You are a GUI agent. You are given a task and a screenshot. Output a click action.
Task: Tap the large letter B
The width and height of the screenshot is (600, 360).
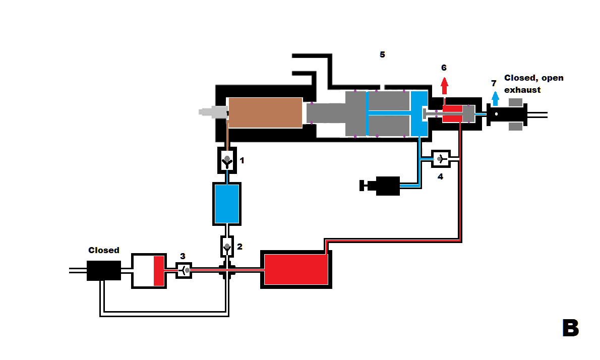click(570, 328)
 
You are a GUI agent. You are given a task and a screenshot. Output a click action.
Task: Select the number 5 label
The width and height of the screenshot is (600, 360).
click(382, 54)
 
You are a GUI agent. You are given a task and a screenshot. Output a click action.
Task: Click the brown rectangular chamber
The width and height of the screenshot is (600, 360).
click(265, 112)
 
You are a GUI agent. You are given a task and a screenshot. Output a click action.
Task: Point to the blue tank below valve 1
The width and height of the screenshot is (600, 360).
click(227, 203)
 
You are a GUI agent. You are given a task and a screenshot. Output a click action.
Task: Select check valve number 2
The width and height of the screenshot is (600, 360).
click(227, 247)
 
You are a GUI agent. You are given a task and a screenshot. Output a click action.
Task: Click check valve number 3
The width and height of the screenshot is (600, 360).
click(184, 270)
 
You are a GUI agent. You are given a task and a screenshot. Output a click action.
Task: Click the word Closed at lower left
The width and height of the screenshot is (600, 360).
click(104, 250)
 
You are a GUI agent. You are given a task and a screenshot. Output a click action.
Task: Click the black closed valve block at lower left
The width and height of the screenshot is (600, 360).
click(103, 270)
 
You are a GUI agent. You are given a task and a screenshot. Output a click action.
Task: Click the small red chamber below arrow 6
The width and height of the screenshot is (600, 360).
click(452, 113)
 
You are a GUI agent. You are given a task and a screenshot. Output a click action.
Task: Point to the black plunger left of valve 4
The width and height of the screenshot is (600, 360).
click(382, 186)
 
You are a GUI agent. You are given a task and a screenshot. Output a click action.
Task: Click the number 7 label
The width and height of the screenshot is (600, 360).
click(494, 83)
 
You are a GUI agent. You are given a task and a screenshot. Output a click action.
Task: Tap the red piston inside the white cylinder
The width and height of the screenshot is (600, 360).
click(159, 271)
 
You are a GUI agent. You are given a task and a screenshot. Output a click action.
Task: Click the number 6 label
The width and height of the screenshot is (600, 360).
click(444, 68)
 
